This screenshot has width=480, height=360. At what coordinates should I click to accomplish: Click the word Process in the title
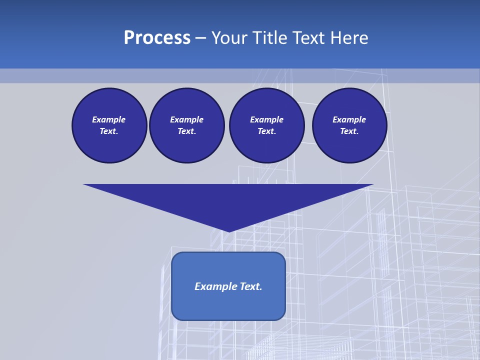(157, 38)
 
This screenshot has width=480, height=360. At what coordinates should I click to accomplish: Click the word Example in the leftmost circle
(109, 119)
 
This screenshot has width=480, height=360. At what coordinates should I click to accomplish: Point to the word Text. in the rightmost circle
(349, 131)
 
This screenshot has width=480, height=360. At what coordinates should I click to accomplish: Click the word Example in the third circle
(266, 119)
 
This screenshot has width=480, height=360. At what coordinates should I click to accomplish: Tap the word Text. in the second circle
(186, 131)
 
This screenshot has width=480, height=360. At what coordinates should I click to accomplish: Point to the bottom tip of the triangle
(228, 230)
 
